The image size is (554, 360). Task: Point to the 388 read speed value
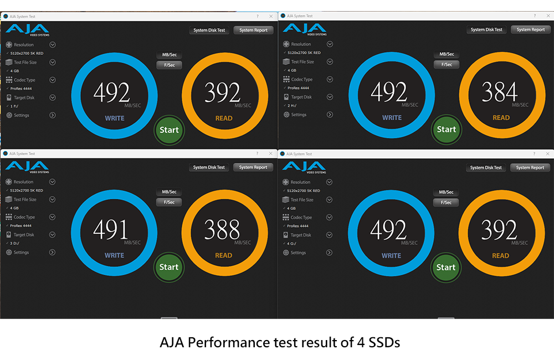[x=222, y=230]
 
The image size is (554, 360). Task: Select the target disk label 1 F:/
[x=14, y=106]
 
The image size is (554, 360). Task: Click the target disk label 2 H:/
[x=292, y=105]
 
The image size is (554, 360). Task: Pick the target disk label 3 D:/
[x=15, y=243]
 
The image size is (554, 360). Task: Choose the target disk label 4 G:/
[x=292, y=243]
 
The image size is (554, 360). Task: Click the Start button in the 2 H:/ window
[x=446, y=130]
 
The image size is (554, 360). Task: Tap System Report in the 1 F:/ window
[x=253, y=30]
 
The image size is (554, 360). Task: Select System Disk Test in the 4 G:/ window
[x=486, y=168]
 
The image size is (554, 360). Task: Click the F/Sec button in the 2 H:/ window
[x=446, y=64]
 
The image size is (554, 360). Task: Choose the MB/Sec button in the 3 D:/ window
[x=169, y=192]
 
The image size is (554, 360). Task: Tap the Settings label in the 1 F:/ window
[x=22, y=115]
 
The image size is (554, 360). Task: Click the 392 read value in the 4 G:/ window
[x=499, y=230]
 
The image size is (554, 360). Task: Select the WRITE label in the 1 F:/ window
[x=115, y=119]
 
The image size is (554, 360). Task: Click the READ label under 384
[x=501, y=118]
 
